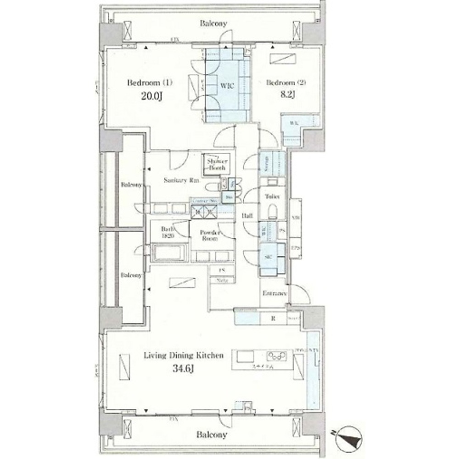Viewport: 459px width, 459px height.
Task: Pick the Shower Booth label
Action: (217, 165)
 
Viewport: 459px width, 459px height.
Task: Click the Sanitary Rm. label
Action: (181, 180)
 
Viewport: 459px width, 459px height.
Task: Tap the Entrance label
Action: (274, 293)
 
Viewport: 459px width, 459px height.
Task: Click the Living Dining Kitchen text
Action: (184, 355)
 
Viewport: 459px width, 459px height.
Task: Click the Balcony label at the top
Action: (213, 23)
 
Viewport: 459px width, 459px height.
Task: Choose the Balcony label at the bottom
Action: (212, 433)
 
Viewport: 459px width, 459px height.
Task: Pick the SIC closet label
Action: (269, 257)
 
